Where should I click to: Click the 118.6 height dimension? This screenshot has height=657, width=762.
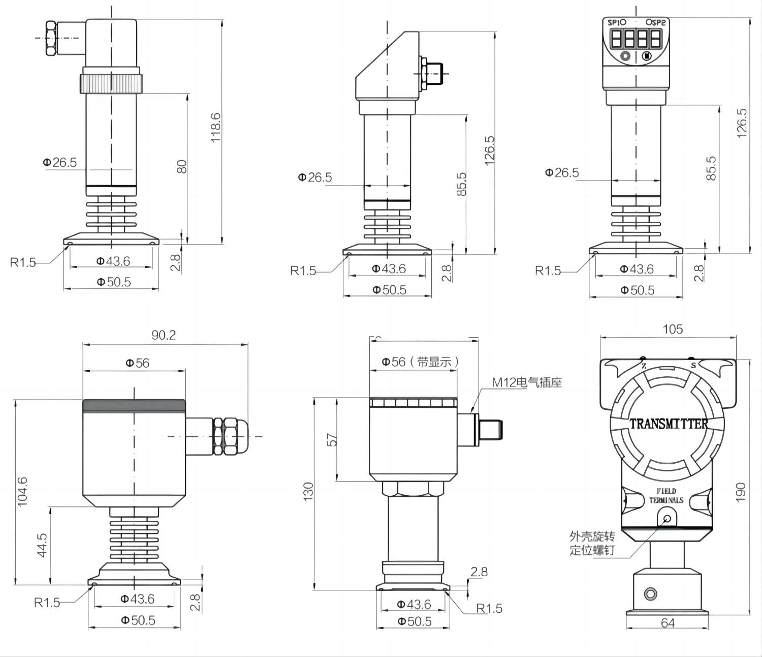click(x=216, y=128)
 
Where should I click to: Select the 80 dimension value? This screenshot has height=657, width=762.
click(x=182, y=166)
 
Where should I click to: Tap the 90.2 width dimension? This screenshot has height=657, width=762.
click(x=164, y=335)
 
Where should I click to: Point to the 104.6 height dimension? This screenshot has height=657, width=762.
click(x=22, y=491)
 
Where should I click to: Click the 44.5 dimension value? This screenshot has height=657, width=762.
click(x=42, y=545)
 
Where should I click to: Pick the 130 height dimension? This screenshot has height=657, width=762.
click(x=308, y=492)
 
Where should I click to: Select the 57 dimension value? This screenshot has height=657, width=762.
click(x=332, y=439)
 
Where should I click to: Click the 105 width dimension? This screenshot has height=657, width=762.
click(x=673, y=329)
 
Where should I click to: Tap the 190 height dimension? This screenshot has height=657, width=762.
click(x=741, y=492)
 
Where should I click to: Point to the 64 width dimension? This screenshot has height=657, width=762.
click(x=668, y=623)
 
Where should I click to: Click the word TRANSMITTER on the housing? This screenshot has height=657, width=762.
click(x=669, y=424)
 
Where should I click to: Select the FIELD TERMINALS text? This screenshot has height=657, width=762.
click(x=666, y=496)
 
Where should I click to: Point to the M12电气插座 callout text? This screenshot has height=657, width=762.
click(x=527, y=382)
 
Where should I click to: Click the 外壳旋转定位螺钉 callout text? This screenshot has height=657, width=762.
click(x=592, y=543)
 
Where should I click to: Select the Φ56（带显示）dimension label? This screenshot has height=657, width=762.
click(x=421, y=362)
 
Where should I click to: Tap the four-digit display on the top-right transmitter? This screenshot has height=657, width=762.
click(x=636, y=39)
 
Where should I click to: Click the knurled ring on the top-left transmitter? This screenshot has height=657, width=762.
click(x=111, y=83)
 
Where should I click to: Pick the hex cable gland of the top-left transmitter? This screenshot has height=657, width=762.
click(x=51, y=38)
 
